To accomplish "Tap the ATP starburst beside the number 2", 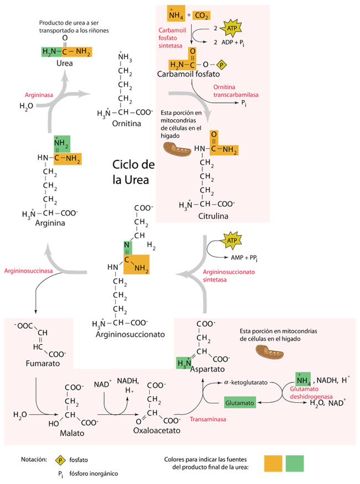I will pyautogui.click(x=231, y=26).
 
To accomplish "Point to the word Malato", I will pyautogui.click(x=72, y=434).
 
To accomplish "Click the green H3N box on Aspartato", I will pyautogui.click(x=183, y=363).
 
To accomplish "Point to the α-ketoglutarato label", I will pyautogui.click(x=246, y=382).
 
